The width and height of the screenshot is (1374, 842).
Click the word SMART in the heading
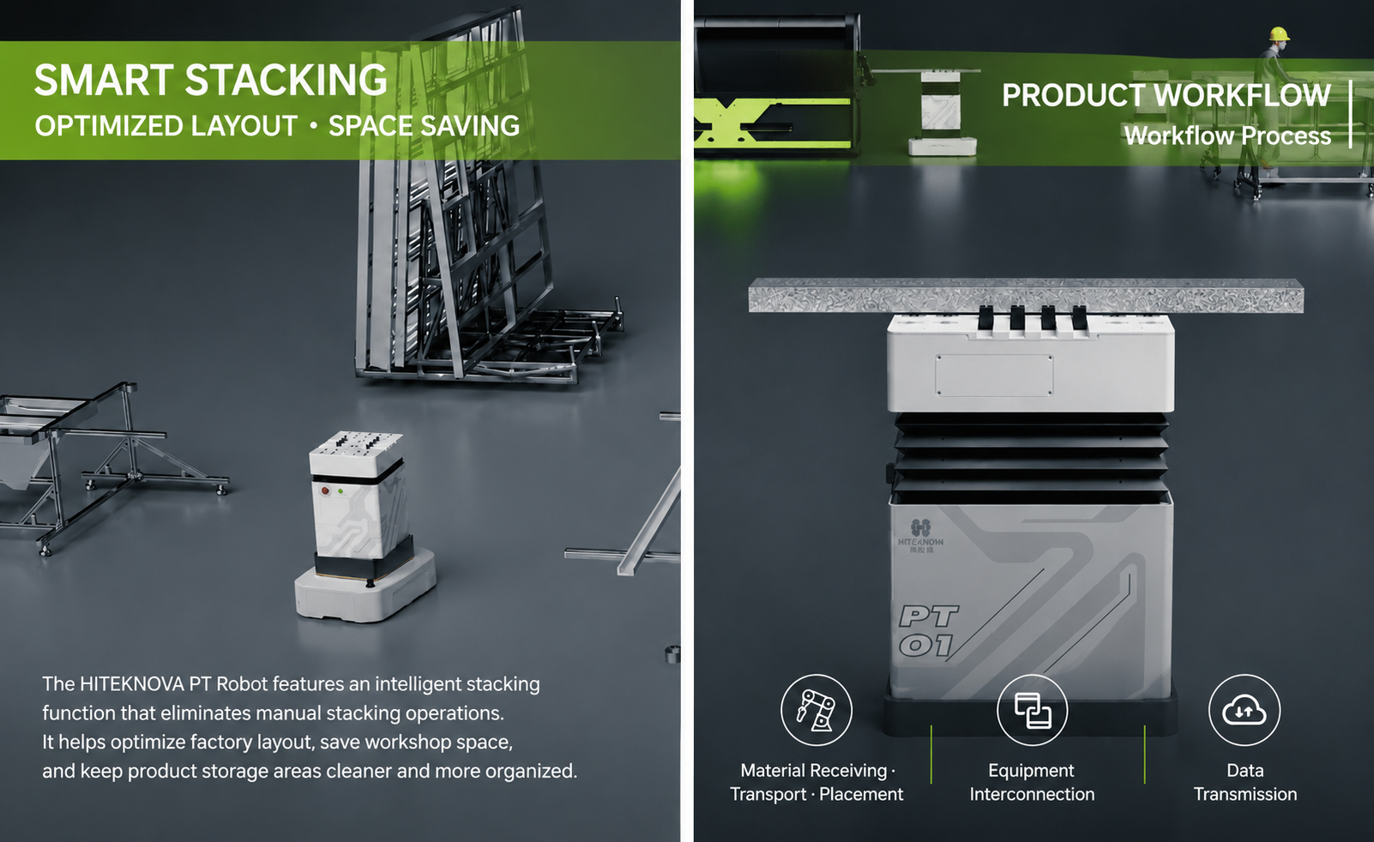[x=105, y=81]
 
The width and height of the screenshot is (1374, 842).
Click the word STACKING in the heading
[x=286, y=81]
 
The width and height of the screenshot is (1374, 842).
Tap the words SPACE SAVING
[x=424, y=126]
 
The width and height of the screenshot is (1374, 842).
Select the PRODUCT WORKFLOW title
[x=1166, y=96]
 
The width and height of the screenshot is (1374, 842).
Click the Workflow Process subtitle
[x=1227, y=135]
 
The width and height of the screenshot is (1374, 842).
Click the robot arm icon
[x=816, y=710]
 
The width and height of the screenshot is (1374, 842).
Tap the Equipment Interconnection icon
[x=1033, y=710]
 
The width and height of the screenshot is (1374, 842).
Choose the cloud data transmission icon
[x=1244, y=710]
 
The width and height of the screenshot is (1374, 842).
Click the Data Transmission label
[x=1245, y=782]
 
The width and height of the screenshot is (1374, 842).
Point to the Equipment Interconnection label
[x=1032, y=782]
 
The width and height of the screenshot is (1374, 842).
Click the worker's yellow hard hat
[x=1280, y=33]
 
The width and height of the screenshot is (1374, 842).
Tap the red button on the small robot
[x=325, y=490]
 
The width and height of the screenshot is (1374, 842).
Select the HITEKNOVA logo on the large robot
[x=920, y=535]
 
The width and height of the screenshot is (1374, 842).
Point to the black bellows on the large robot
[x=1031, y=458]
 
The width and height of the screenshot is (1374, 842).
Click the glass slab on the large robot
[x=1026, y=295]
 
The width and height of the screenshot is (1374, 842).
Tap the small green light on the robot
[x=341, y=492]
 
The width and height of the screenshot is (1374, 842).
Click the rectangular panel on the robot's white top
[x=994, y=375]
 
